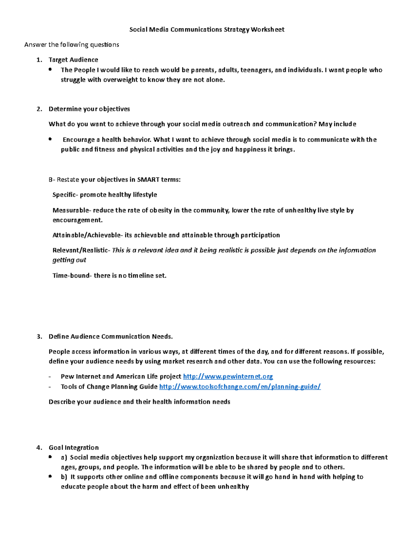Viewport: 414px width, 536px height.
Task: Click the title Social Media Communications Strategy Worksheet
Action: [x=207, y=30]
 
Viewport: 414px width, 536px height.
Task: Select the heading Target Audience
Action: [x=73, y=60]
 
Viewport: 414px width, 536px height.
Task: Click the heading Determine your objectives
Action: [x=89, y=109]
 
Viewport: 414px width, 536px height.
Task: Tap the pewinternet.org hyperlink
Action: [x=228, y=377]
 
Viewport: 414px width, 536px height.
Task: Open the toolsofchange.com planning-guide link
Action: [x=240, y=387]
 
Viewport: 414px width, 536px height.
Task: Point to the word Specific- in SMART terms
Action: [x=65, y=195]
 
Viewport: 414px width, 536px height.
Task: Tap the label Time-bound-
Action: [x=72, y=275]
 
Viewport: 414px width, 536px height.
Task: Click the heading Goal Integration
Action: [x=73, y=448]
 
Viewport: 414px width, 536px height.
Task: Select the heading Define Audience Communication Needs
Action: [x=110, y=337]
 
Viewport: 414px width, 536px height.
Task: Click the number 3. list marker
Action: [x=39, y=337]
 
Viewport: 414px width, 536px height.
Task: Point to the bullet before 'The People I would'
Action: [x=50, y=69]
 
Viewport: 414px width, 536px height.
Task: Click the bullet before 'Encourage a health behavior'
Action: [x=50, y=139]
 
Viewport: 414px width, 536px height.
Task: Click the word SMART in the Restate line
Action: [x=148, y=179]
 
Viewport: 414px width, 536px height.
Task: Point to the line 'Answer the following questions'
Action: [x=71, y=45]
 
